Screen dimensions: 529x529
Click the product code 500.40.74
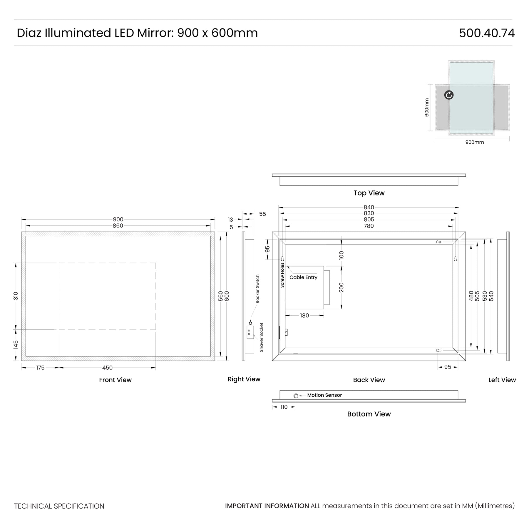pyautogui.click(x=487, y=33)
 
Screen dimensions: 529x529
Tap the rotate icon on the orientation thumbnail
pyautogui.click(x=449, y=95)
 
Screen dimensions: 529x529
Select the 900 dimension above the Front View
pyautogui.click(x=118, y=219)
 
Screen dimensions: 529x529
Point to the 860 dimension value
pyautogui.click(x=118, y=226)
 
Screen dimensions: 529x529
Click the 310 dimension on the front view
pyautogui.click(x=16, y=296)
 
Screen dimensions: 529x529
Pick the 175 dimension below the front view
pyautogui.click(x=40, y=368)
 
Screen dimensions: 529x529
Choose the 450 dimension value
pyautogui.click(x=107, y=368)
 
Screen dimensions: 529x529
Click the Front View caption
pyautogui.click(x=115, y=380)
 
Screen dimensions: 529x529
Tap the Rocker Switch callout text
pyautogui.click(x=257, y=289)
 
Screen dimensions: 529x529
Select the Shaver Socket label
pyautogui.click(x=261, y=337)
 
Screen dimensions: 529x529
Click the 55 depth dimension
pyautogui.click(x=262, y=214)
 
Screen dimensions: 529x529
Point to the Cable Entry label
pyautogui.click(x=303, y=277)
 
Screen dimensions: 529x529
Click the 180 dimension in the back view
pyautogui.click(x=304, y=316)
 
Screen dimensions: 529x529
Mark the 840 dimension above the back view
pyautogui.click(x=369, y=207)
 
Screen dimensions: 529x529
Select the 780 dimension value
pyautogui.click(x=369, y=226)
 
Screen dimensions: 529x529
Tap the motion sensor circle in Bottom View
pyautogui.click(x=296, y=396)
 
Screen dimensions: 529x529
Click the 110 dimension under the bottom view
pyautogui.click(x=284, y=407)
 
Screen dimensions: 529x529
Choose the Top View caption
pyautogui.click(x=369, y=193)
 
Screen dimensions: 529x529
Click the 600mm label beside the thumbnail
pyautogui.click(x=427, y=108)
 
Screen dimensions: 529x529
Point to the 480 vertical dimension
pyautogui.click(x=471, y=296)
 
